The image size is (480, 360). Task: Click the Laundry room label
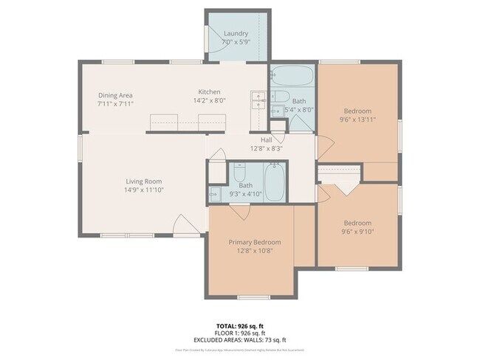click(x=235, y=33)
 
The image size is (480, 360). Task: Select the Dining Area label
click(x=114, y=95)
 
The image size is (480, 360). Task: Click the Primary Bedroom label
click(x=254, y=242)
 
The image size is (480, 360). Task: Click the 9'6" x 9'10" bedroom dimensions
click(x=357, y=232)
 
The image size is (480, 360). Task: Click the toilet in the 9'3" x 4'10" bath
click(x=240, y=174)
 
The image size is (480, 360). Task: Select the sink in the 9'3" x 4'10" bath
click(x=214, y=194)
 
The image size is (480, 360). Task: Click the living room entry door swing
click(x=182, y=224)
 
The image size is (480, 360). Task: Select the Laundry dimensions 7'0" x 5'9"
click(x=235, y=42)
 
